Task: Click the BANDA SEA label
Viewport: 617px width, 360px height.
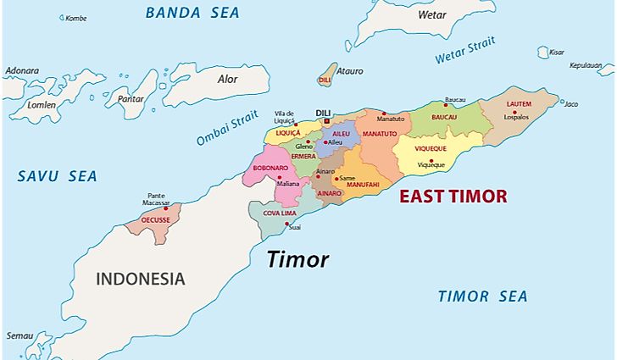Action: coord(192,13)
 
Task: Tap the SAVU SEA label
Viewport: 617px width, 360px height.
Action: coord(58,176)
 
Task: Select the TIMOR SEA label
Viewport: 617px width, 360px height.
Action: coord(482,296)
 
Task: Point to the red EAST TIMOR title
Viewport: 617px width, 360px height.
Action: coord(453,197)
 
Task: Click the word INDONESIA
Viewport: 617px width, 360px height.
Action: coord(140,279)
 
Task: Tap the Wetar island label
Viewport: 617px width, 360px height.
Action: coord(432,14)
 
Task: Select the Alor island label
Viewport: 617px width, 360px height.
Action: coord(228,79)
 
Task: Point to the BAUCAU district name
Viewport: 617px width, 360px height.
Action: coord(444,117)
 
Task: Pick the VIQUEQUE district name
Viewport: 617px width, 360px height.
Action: coord(431,148)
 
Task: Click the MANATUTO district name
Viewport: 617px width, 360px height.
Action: coord(380,134)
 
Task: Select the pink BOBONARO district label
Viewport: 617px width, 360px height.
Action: coord(270,168)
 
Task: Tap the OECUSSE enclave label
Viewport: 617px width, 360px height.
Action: coord(155,219)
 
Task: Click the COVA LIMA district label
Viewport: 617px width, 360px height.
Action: coord(278,213)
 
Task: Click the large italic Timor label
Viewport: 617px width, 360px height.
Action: coord(297,260)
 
